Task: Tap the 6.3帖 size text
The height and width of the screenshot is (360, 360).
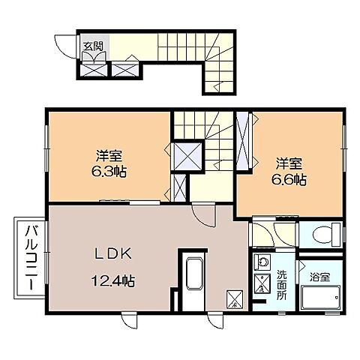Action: click(109, 172)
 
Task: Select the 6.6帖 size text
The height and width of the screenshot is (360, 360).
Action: click(289, 179)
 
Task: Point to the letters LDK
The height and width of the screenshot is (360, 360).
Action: click(112, 254)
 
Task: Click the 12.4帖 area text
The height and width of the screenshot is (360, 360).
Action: click(113, 280)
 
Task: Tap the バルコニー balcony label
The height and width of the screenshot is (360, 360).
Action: click(31, 257)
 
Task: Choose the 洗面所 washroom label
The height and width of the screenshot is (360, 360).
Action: click(282, 285)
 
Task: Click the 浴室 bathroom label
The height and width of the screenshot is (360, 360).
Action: click(319, 277)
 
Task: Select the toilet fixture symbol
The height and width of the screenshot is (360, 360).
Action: click(326, 234)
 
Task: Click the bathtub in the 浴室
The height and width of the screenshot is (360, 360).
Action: click(321, 298)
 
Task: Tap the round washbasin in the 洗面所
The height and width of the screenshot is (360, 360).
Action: click(262, 262)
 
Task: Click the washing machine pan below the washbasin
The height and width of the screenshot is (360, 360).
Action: click(262, 283)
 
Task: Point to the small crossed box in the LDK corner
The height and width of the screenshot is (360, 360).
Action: click(235, 298)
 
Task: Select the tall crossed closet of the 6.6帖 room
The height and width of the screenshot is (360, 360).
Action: click(243, 140)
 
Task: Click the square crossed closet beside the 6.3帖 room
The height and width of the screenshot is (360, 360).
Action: click(187, 157)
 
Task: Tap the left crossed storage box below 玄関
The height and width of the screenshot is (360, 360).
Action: click(94, 70)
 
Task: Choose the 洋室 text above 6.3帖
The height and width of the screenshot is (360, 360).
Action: click(109, 156)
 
